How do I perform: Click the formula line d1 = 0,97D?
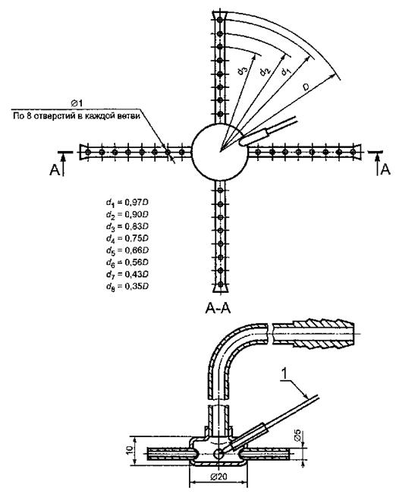click(127, 203)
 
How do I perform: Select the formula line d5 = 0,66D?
click(127, 250)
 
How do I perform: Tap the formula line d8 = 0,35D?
click(127, 286)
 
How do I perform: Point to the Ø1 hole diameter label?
click(77, 103)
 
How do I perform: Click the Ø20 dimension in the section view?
click(218, 477)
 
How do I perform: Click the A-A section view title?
click(218, 308)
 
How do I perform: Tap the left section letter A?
click(54, 170)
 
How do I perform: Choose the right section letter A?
click(385, 169)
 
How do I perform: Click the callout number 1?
click(284, 374)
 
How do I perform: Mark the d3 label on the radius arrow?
click(242, 70)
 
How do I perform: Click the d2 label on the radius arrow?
click(265, 71)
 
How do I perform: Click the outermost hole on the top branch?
click(220, 20)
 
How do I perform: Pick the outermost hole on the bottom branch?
click(220, 284)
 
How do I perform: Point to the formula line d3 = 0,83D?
click(127, 227)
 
